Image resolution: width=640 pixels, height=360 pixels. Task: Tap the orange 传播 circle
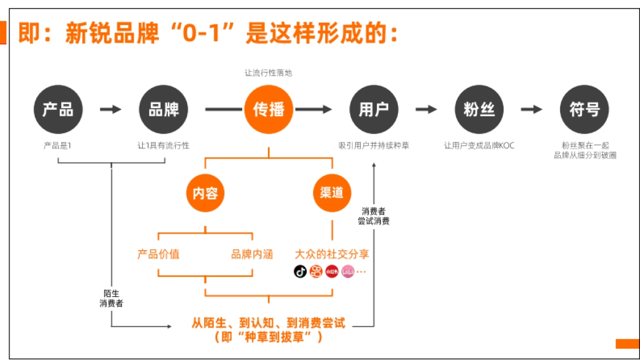tap(268, 109)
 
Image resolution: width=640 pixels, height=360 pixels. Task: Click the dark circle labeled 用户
tap(373, 109)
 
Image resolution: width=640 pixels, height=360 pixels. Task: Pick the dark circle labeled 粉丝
tap(478, 109)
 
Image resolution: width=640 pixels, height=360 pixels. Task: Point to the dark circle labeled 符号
tap(584, 109)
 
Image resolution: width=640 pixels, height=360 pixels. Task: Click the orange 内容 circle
tap(205, 193)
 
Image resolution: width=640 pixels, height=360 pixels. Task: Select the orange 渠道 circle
tap(332, 193)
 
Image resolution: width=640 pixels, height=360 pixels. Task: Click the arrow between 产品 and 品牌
tap(110, 109)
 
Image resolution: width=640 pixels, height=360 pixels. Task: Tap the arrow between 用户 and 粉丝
tap(426, 109)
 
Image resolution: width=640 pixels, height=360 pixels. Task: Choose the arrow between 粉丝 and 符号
tap(531, 109)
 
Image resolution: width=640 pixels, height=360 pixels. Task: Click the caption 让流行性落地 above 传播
tap(268, 73)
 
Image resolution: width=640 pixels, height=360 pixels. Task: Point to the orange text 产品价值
tap(158, 254)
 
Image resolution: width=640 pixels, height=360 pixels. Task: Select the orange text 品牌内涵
tap(252, 254)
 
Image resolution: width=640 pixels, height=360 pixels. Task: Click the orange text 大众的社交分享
tap(332, 254)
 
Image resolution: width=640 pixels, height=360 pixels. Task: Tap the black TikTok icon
tap(300, 271)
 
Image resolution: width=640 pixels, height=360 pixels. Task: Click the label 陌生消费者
tap(111, 298)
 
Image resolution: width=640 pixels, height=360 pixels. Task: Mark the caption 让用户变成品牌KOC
tap(479, 145)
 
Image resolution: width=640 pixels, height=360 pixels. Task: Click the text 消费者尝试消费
tap(373, 216)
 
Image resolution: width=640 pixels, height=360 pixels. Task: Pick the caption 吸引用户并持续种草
tap(373, 145)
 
